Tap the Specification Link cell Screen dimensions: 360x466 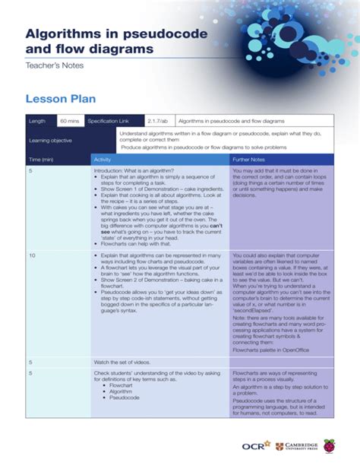pyautogui.click(x=109, y=121)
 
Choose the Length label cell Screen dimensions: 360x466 pyautogui.click(x=37, y=121)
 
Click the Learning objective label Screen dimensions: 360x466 pyautogui.click(x=50, y=140)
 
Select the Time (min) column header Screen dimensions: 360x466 pyautogui.click(x=41, y=160)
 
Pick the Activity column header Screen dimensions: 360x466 pyautogui.click(x=102, y=160)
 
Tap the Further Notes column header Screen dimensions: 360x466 pyautogui.click(x=248, y=160)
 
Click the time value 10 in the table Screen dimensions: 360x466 pyautogui.click(x=33, y=256)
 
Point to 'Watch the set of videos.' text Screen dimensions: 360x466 pyautogui.click(x=125, y=363)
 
